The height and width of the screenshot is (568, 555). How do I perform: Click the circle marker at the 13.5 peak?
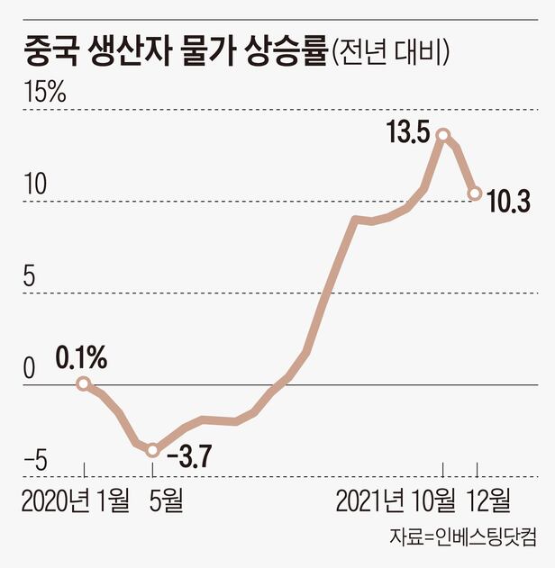click(442, 135)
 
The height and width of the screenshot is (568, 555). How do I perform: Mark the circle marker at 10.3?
click(474, 193)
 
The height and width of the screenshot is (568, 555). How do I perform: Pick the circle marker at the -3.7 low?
click(153, 449)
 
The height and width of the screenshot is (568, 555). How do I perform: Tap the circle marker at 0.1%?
click(83, 383)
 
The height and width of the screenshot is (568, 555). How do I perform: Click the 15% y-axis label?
click(46, 93)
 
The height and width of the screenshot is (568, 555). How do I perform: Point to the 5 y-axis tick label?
click(30, 277)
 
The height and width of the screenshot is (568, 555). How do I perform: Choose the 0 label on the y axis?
click(30, 369)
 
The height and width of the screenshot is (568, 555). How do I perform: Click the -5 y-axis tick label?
click(36, 461)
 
